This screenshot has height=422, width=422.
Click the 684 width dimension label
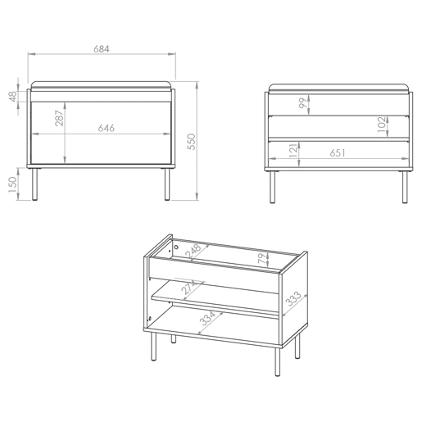pyautogui.click(x=102, y=49)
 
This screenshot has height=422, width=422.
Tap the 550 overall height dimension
pyautogui.click(x=192, y=142)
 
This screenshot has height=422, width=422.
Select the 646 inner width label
pyautogui.click(x=107, y=128)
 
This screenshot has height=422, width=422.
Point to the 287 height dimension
pyautogui.click(x=59, y=118)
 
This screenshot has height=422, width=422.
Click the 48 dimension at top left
pyautogui.click(x=13, y=97)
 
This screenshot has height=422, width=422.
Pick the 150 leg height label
pyautogui.click(x=12, y=184)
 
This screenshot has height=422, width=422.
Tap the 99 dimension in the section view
pyautogui.click(x=303, y=103)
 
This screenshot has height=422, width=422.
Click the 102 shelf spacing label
pyautogui.click(x=383, y=125)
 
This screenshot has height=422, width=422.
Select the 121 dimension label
pyautogui.click(x=293, y=150)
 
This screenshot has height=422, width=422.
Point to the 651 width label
pyautogui.click(x=338, y=153)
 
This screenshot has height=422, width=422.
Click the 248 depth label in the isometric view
pyautogui.click(x=193, y=251)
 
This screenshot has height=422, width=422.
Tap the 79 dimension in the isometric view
pyautogui.click(x=261, y=258)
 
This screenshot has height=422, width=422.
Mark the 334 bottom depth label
pyautogui.click(x=207, y=318)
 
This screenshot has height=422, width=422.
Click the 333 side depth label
pyautogui.click(x=293, y=298)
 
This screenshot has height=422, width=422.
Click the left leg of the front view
pyautogui.click(x=34, y=184)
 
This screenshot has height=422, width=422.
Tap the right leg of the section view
pyautogui.click(x=405, y=188)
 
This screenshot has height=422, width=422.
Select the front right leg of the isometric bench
pyautogui.click(x=278, y=362)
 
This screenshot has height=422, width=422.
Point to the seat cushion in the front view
pyautogui.click(x=102, y=84)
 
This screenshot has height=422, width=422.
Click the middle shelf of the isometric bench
pyautogui.click(x=216, y=300)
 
